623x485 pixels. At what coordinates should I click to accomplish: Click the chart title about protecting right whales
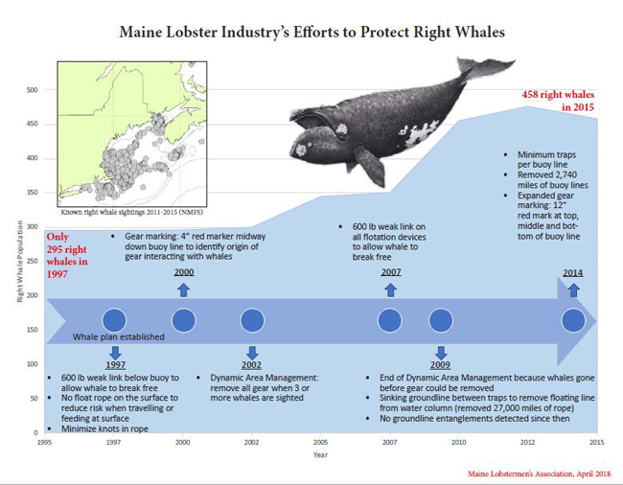point(311,31)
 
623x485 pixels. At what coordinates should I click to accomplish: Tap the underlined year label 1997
point(115,365)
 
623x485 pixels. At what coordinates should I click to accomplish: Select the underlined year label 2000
point(184,273)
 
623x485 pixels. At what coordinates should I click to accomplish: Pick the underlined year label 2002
point(252,365)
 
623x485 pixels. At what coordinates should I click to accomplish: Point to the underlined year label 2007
point(389,273)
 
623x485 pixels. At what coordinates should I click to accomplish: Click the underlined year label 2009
point(441,365)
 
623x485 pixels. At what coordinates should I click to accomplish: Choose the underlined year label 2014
point(573,273)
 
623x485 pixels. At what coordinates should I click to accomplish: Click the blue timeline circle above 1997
point(115,320)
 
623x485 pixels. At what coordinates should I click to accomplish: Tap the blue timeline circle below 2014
point(573,320)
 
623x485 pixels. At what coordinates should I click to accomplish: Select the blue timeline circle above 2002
point(252,320)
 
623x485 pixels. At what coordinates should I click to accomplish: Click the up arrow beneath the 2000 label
point(184,290)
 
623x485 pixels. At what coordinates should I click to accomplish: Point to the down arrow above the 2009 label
point(441,351)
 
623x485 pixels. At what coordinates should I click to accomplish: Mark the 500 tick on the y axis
point(32,90)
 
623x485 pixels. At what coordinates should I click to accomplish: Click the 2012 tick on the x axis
point(528,441)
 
